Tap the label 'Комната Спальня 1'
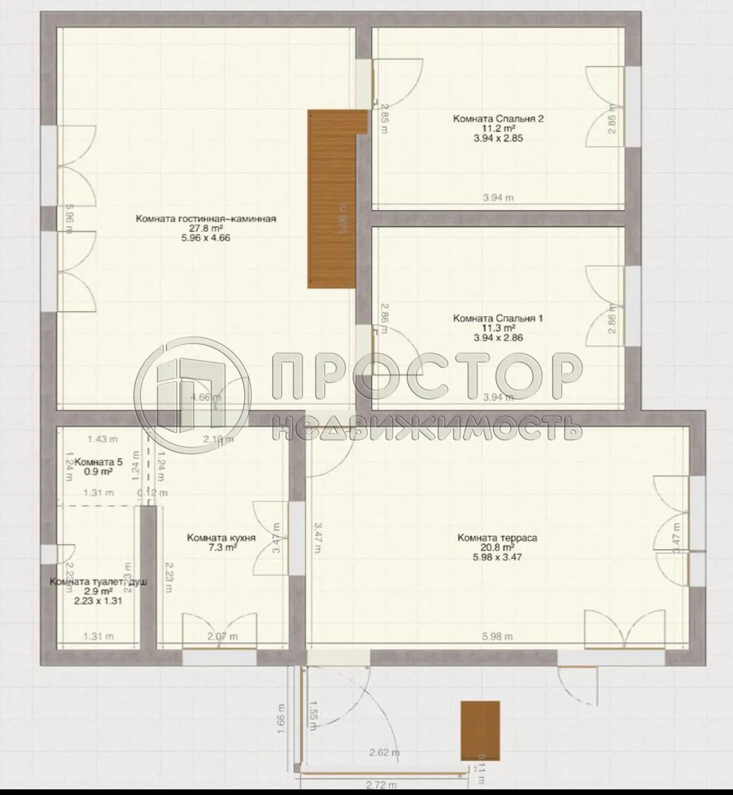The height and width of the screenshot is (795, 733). coord(497,318)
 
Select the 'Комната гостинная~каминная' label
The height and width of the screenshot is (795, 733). coord(205,218)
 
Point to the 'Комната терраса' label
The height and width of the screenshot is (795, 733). coord(497,537)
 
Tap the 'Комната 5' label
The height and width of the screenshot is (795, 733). coord(98,463)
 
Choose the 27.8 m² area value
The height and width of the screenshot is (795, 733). coord(205,228)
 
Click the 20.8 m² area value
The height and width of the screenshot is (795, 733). coord(497,547)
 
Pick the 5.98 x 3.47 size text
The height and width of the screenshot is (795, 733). coord(497,556)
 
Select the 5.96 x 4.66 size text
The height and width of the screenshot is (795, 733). coord(205,238)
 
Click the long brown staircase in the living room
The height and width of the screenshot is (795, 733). coord(331,199)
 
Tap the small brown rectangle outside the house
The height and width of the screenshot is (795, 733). coord(481,731)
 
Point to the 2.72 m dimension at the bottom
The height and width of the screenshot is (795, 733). coord(383,784)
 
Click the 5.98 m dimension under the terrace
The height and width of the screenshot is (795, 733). coord(497,637)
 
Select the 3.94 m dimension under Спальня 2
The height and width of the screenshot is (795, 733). coord(498,198)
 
